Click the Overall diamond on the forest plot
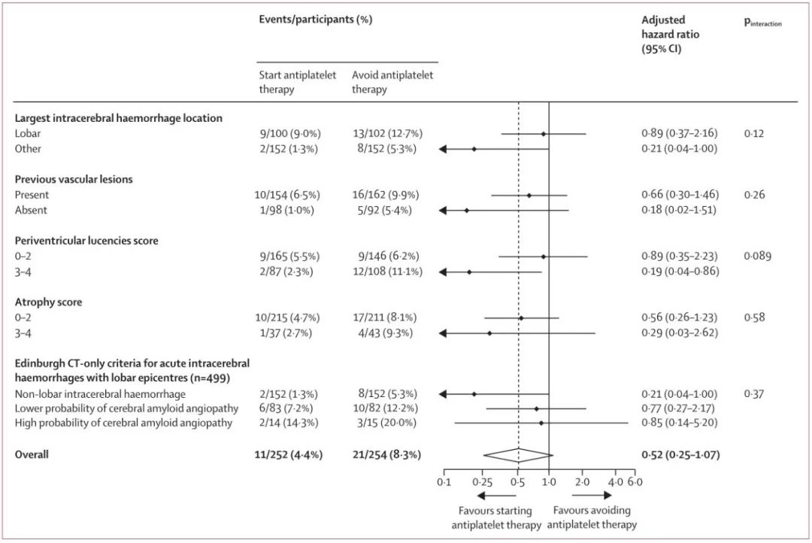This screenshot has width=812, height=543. (x=518, y=455)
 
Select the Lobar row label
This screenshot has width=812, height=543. (x=28, y=133)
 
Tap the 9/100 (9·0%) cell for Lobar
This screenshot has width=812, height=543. (x=290, y=133)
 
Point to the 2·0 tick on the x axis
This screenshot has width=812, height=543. (x=583, y=481)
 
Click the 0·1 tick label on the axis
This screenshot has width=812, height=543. (x=444, y=481)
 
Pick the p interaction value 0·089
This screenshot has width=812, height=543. (x=758, y=256)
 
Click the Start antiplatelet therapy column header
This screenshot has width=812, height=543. (x=298, y=82)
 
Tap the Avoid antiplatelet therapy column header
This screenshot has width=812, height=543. (x=392, y=82)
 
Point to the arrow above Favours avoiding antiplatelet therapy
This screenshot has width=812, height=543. (x=597, y=496)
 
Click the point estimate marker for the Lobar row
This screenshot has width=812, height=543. (x=544, y=134)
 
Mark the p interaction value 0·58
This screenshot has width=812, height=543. (x=755, y=317)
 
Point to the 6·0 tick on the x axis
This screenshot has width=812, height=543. (x=635, y=481)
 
